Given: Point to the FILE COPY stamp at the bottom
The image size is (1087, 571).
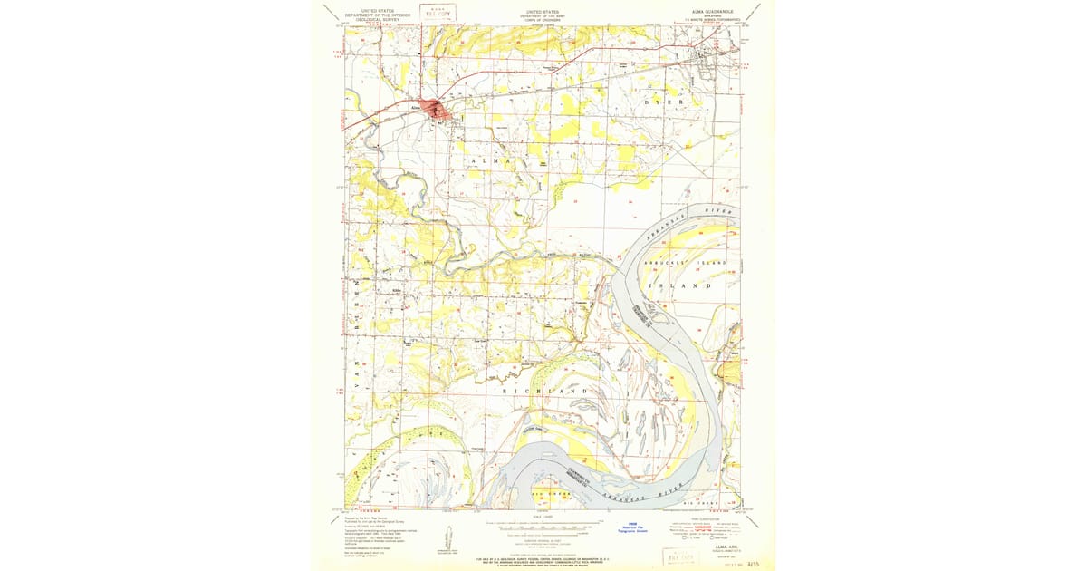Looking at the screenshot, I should pyautogui.click(x=683, y=556).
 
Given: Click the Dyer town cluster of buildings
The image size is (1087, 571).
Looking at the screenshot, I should pyautogui.click(x=704, y=60).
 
